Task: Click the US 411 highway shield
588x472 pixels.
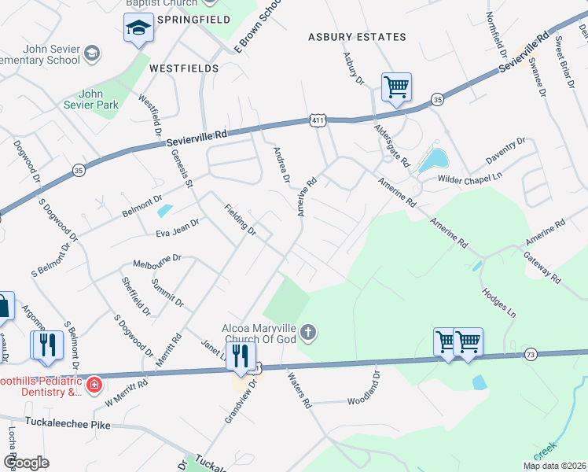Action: [317, 120]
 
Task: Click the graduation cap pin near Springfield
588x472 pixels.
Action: [138, 30]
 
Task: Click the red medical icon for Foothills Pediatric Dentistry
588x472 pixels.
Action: [94, 384]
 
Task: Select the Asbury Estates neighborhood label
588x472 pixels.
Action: [358, 37]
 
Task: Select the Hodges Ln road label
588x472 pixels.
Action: [499, 299]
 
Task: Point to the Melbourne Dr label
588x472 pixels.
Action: [157, 259]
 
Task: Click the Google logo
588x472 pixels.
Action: [27, 463]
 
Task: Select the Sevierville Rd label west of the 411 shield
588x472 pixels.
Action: [197, 137]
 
